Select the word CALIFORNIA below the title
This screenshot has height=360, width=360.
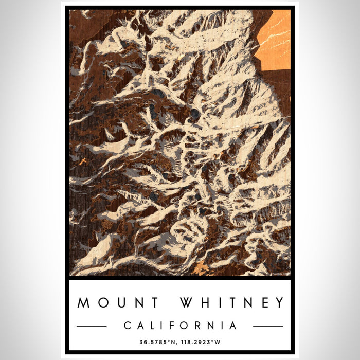click(180, 326)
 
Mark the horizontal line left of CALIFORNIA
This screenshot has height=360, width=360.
click(92, 326)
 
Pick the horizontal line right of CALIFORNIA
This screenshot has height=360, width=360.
click(268, 326)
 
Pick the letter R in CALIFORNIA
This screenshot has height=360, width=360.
click(197, 326)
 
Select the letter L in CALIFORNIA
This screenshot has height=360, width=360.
click(151, 326)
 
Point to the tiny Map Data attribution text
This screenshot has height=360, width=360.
click(281, 274)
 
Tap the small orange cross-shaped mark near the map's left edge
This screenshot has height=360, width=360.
click(83, 161)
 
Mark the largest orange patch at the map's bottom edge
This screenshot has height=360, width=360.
click(201, 268)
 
